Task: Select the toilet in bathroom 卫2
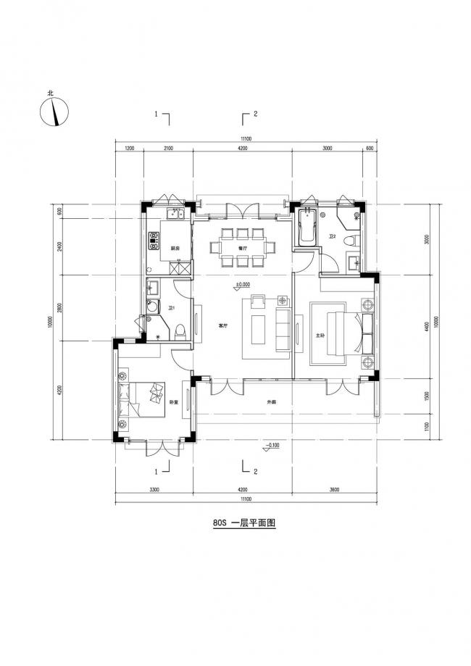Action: pos(350,240)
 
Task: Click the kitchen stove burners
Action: pos(154,240)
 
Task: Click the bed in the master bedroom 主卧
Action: pos(340,333)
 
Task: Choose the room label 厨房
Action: pos(175,249)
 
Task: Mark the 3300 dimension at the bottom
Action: pos(154,490)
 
